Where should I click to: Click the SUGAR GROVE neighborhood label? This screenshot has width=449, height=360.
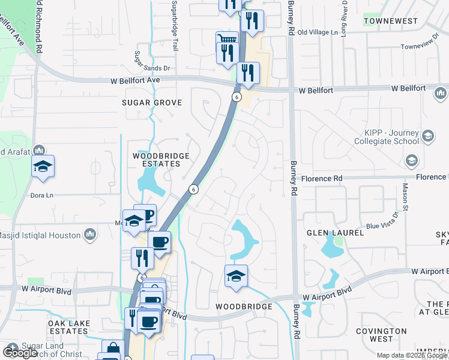coord(152,103)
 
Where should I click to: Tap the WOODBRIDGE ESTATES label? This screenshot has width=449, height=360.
coord(161,160)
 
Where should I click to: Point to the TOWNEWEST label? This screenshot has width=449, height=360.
coord(391,21)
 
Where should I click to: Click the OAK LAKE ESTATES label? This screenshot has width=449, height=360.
coord(69,327)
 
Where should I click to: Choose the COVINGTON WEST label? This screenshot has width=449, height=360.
coord(382,335)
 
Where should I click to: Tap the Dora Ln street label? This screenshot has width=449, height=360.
coord(42,196)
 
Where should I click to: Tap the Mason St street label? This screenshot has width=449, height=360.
coord(405,197)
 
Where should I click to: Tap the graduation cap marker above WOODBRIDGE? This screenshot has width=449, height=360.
coord(237,277)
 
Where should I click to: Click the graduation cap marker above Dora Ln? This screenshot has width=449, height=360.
coord(43,166)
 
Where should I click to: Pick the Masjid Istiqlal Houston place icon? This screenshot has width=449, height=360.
coord(90,235)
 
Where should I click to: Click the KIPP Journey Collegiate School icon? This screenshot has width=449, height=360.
coord(428,136)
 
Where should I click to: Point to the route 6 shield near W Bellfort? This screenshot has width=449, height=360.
coord(237,97)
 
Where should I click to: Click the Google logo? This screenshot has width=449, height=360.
coord(20,353)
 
